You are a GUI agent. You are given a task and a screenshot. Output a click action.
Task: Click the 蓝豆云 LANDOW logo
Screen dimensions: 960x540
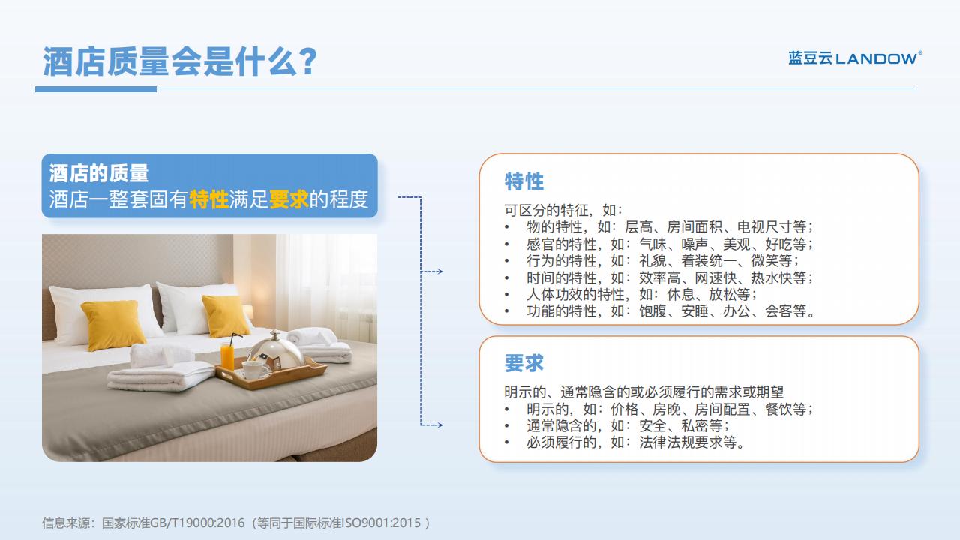tap(856, 58)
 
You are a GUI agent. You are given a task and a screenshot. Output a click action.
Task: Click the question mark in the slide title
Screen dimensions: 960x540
tap(307, 61)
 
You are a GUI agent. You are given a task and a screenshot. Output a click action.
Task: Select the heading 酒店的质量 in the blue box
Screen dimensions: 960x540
tap(99, 173)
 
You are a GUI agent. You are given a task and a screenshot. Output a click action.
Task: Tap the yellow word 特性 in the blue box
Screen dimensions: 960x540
tap(208, 199)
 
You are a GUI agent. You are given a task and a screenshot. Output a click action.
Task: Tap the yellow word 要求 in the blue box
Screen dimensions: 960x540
tap(289, 199)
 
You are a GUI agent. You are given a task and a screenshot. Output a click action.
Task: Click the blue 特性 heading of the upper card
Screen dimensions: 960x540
tap(524, 181)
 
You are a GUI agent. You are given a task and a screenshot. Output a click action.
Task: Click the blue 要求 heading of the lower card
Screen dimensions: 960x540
tap(524, 363)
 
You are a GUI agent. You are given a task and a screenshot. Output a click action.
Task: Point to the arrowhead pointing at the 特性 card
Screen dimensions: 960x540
tap(439, 271)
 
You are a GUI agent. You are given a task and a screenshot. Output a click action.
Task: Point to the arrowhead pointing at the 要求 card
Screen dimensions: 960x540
tap(439, 425)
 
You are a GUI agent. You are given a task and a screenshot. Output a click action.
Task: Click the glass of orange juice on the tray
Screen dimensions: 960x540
tap(227, 355)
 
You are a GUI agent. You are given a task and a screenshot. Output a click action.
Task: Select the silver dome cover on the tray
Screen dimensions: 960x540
tap(275, 349)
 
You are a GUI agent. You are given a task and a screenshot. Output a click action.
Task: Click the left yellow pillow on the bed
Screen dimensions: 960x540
tap(112, 325)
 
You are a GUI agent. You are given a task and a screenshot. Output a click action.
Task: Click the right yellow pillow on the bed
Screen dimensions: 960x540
tap(226, 316)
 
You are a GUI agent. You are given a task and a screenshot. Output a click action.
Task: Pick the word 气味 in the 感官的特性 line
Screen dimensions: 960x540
tap(652, 244)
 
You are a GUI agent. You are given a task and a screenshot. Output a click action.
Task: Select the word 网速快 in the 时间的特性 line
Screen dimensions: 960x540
tap(715, 277)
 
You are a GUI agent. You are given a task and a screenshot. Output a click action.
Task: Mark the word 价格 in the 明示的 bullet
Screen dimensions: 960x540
tap(625, 409)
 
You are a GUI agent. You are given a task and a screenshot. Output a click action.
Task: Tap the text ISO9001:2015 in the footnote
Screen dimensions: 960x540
tap(381, 523)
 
